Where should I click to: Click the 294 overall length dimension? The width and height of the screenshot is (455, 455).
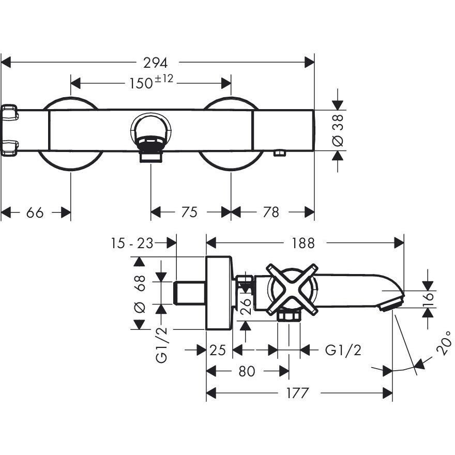[156, 63]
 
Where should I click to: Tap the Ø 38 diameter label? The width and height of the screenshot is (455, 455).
[337, 130]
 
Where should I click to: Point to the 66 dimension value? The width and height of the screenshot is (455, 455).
[36, 212]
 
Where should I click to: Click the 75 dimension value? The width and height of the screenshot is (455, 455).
[190, 212]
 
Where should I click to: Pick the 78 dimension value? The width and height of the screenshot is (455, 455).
[271, 212]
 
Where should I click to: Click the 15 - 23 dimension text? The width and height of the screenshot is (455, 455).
[132, 242]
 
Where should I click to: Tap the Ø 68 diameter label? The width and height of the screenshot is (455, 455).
[139, 293]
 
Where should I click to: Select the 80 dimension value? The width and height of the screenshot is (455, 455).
[248, 371]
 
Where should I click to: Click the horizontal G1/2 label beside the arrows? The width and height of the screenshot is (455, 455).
[343, 350]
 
